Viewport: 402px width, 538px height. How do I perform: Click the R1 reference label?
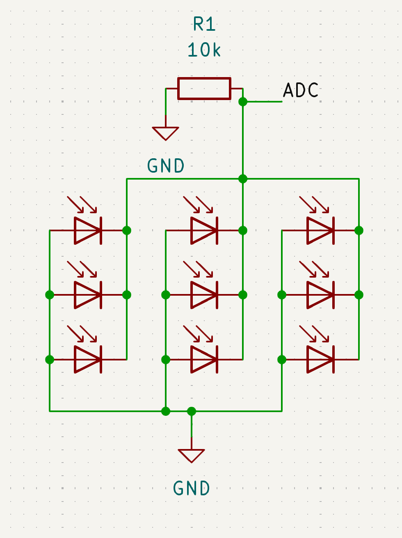coord(204,25)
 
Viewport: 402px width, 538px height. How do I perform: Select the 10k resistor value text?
coord(204,50)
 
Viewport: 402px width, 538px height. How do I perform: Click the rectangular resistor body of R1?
coord(204,89)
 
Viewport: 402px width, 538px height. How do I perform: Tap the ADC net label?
coord(301,91)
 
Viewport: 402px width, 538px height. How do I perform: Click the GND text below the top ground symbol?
coord(166,166)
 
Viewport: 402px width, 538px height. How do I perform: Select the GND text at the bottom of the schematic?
coord(192,488)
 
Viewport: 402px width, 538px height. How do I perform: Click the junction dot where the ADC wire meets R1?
coord(243,101)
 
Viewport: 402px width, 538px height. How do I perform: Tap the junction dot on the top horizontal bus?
coord(243,179)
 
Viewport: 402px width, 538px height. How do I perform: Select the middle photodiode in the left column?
coord(88,295)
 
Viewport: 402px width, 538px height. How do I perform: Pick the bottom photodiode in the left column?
coord(88,360)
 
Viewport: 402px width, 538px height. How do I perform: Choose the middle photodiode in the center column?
coord(204,295)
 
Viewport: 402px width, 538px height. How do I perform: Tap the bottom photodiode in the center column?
coord(204,360)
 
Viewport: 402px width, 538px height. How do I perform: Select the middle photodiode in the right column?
coord(320,295)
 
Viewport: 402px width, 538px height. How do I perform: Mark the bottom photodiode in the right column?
coord(320,360)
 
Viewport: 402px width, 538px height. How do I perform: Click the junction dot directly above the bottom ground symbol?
coord(192,411)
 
